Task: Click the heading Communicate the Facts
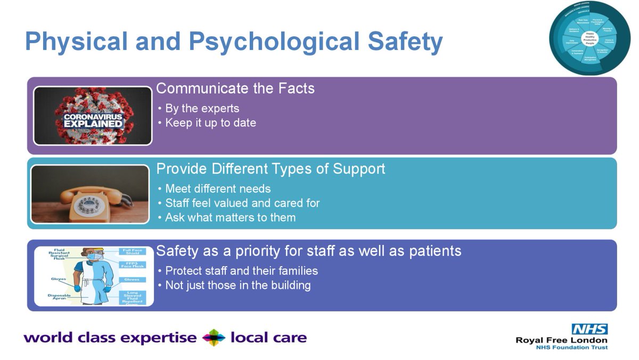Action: pos(235,88)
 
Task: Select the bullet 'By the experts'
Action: pos(202,109)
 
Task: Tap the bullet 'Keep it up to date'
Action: pos(210,123)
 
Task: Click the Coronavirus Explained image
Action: pos(93,116)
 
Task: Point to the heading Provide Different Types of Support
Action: pos(271,169)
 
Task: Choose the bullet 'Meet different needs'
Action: pos(218,189)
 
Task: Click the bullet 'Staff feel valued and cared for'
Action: pos(242,203)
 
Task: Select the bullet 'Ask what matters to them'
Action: pos(230,217)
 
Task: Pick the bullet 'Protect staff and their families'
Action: pos(241,271)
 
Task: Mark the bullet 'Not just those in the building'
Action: pos(237,285)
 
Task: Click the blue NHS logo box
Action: pos(589,329)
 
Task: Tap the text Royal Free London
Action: pos(561,340)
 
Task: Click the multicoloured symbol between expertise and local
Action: pos(214,338)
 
